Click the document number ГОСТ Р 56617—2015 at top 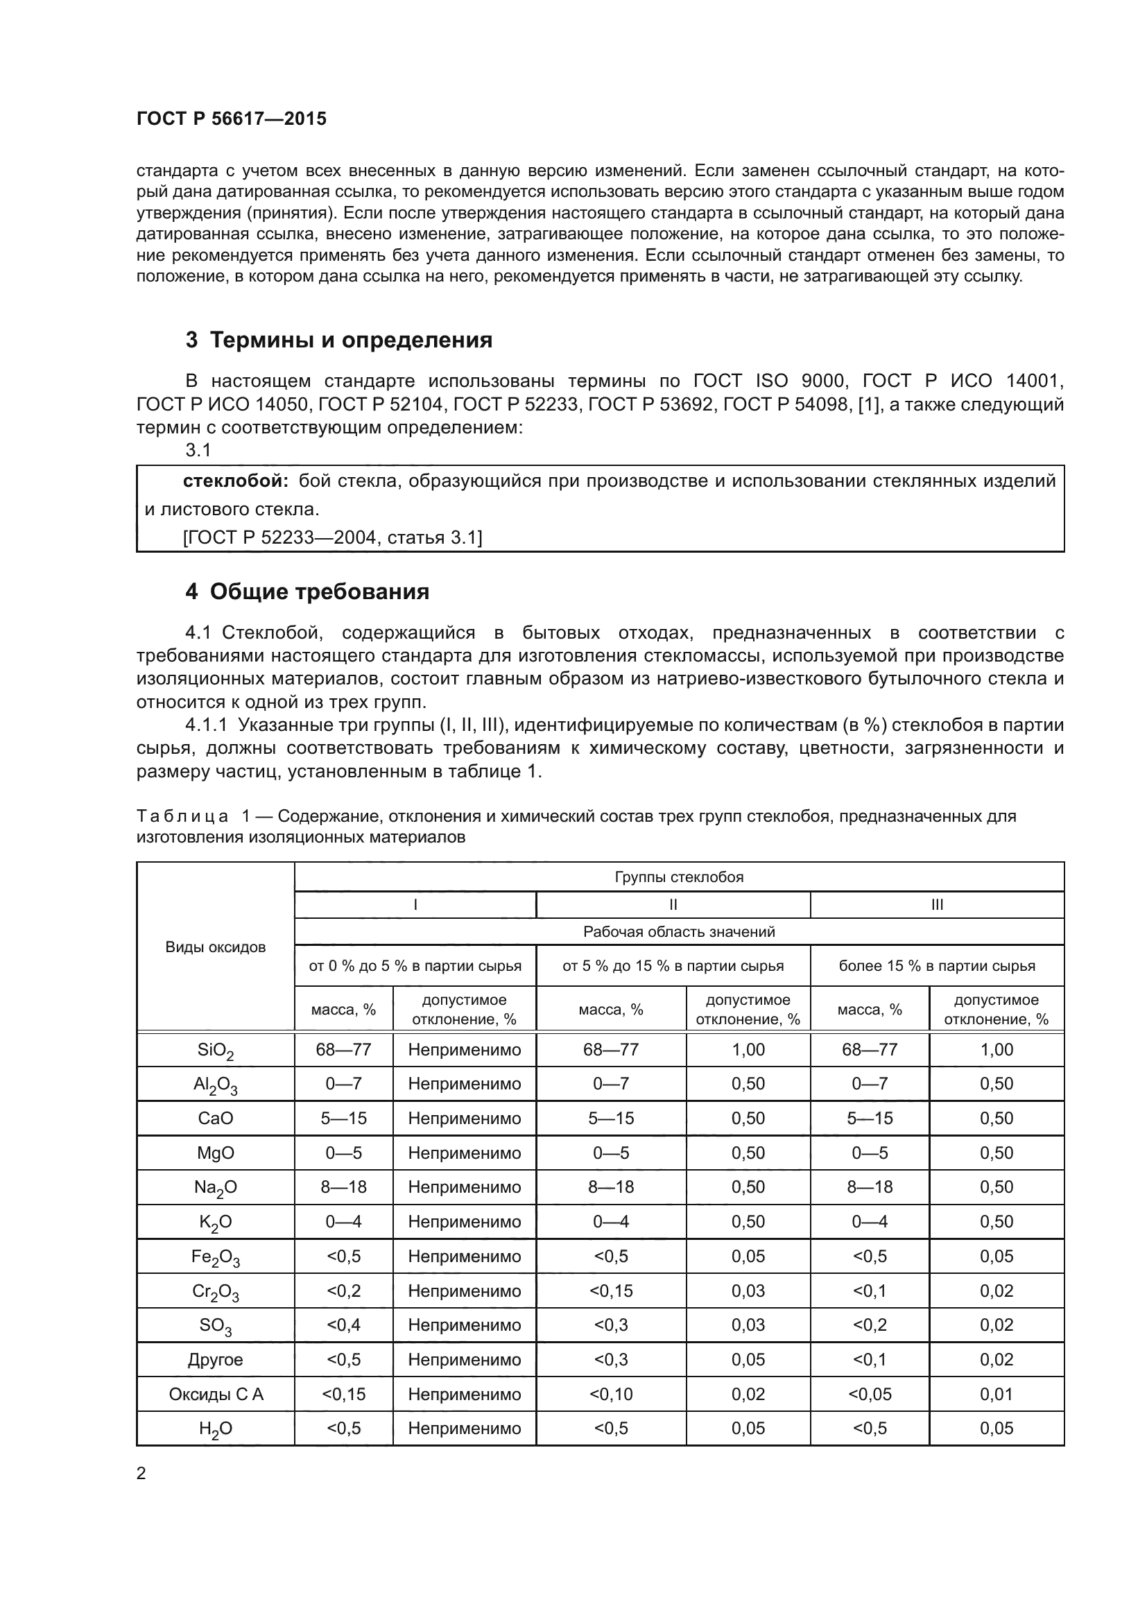pyautogui.click(x=231, y=119)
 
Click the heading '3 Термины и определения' pyautogui.click(x=338, y=340)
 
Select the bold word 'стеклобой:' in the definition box pyautogui.click(x=235, y=481)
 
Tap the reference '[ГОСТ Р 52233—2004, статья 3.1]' pyautogui.click(x=332, y=537)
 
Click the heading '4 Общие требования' pyautogui.click(x=307, y=592)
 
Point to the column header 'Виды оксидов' pyautogui.click(x=216, y=947)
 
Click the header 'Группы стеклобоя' pyautogui.click(x=679, y=877)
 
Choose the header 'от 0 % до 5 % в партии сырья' pyautogui.click(x=415, y=966)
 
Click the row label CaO pyautogui.click(x=216, y=1119)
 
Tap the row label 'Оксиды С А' pyautogui.click(x=216, y=1394)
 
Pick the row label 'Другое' pyautogui.click(x=216, y=1359)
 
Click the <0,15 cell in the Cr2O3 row pyautogui.click(x=611, y=1291)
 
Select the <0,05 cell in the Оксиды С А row pyautogui.click(x=870, y=1394)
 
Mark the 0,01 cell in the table pyautogui.click(x=996, y=1394)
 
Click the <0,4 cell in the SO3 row pyautogui.click(x=343, y=1325)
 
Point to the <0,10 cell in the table pyautogui.click(x=611, y=1394)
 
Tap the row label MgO pyautogui.click(x=216, y=1153)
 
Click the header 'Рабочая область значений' pyautogui.click(x=679, y=932)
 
